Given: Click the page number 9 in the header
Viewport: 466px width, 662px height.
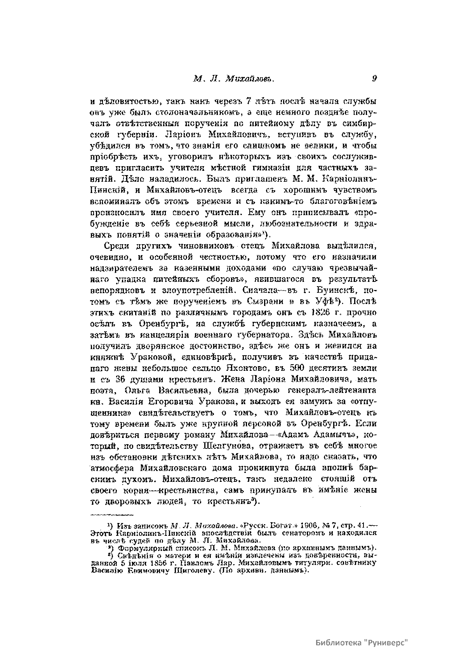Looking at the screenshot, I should click(374, 78).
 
